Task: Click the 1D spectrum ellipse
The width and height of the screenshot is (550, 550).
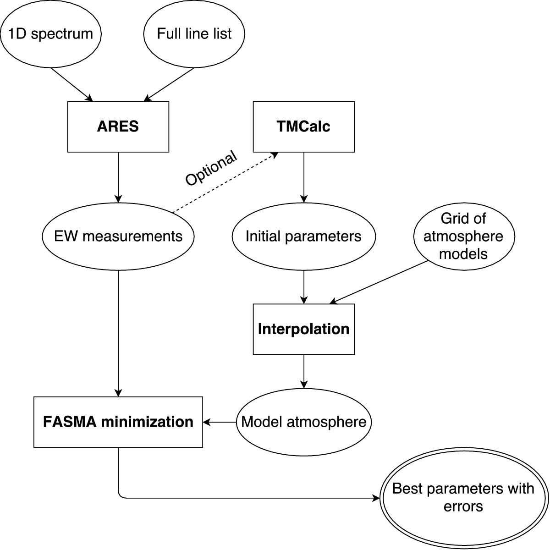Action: tap(50, 34)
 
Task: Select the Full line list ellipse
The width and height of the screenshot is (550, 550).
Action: tap(194, 34)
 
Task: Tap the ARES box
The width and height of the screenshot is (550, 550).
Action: tap(118, 126)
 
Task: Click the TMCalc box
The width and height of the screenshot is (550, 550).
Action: tap(304, 126)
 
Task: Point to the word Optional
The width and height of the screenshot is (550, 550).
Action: tap(211, 168)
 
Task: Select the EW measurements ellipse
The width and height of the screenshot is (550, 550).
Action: tap(118, 236)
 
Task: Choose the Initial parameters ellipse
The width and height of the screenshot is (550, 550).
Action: tap(303, 236)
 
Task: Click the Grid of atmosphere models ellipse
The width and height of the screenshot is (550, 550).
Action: tap(463, 236)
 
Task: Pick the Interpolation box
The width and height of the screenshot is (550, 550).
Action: tap(304, 329)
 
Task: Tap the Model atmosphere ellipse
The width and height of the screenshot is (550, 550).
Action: tap(304, 422)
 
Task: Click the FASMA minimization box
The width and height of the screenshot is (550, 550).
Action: tap(118, 422)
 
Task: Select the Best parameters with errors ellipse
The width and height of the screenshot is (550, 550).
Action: tap(463, 498)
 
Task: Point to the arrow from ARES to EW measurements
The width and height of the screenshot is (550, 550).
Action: tap(118, 176)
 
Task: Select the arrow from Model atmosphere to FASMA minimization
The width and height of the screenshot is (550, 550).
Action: tap(220, 422)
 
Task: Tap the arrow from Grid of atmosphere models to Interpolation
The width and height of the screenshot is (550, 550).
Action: tap(379, 282)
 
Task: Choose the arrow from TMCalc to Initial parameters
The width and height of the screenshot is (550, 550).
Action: tap(303, 176)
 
